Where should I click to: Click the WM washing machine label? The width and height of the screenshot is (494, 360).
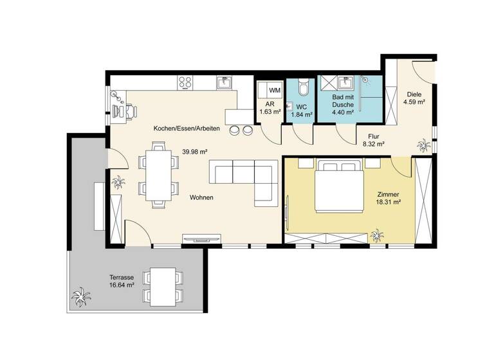tap(274, 90)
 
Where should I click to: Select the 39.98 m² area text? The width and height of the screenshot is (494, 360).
tap(194, 152)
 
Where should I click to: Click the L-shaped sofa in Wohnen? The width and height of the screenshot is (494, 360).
tap(251, 181)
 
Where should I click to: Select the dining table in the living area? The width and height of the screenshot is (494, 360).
tap(158, 174)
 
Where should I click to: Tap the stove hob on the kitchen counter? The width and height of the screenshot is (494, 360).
tap(186, 82)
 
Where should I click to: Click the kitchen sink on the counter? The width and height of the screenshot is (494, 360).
tap(225, 82)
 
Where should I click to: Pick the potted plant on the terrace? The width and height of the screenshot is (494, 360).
tap(80, 297)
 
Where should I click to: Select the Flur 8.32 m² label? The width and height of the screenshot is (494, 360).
tap(372, 140)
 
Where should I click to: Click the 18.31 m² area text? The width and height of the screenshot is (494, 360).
tap(389, 202)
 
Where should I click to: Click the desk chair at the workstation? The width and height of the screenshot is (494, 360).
tap(131, 111)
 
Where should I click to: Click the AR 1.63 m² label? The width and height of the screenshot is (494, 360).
tap(270, 107)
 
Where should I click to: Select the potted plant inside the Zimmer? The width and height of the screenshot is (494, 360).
tap(378, 234)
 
